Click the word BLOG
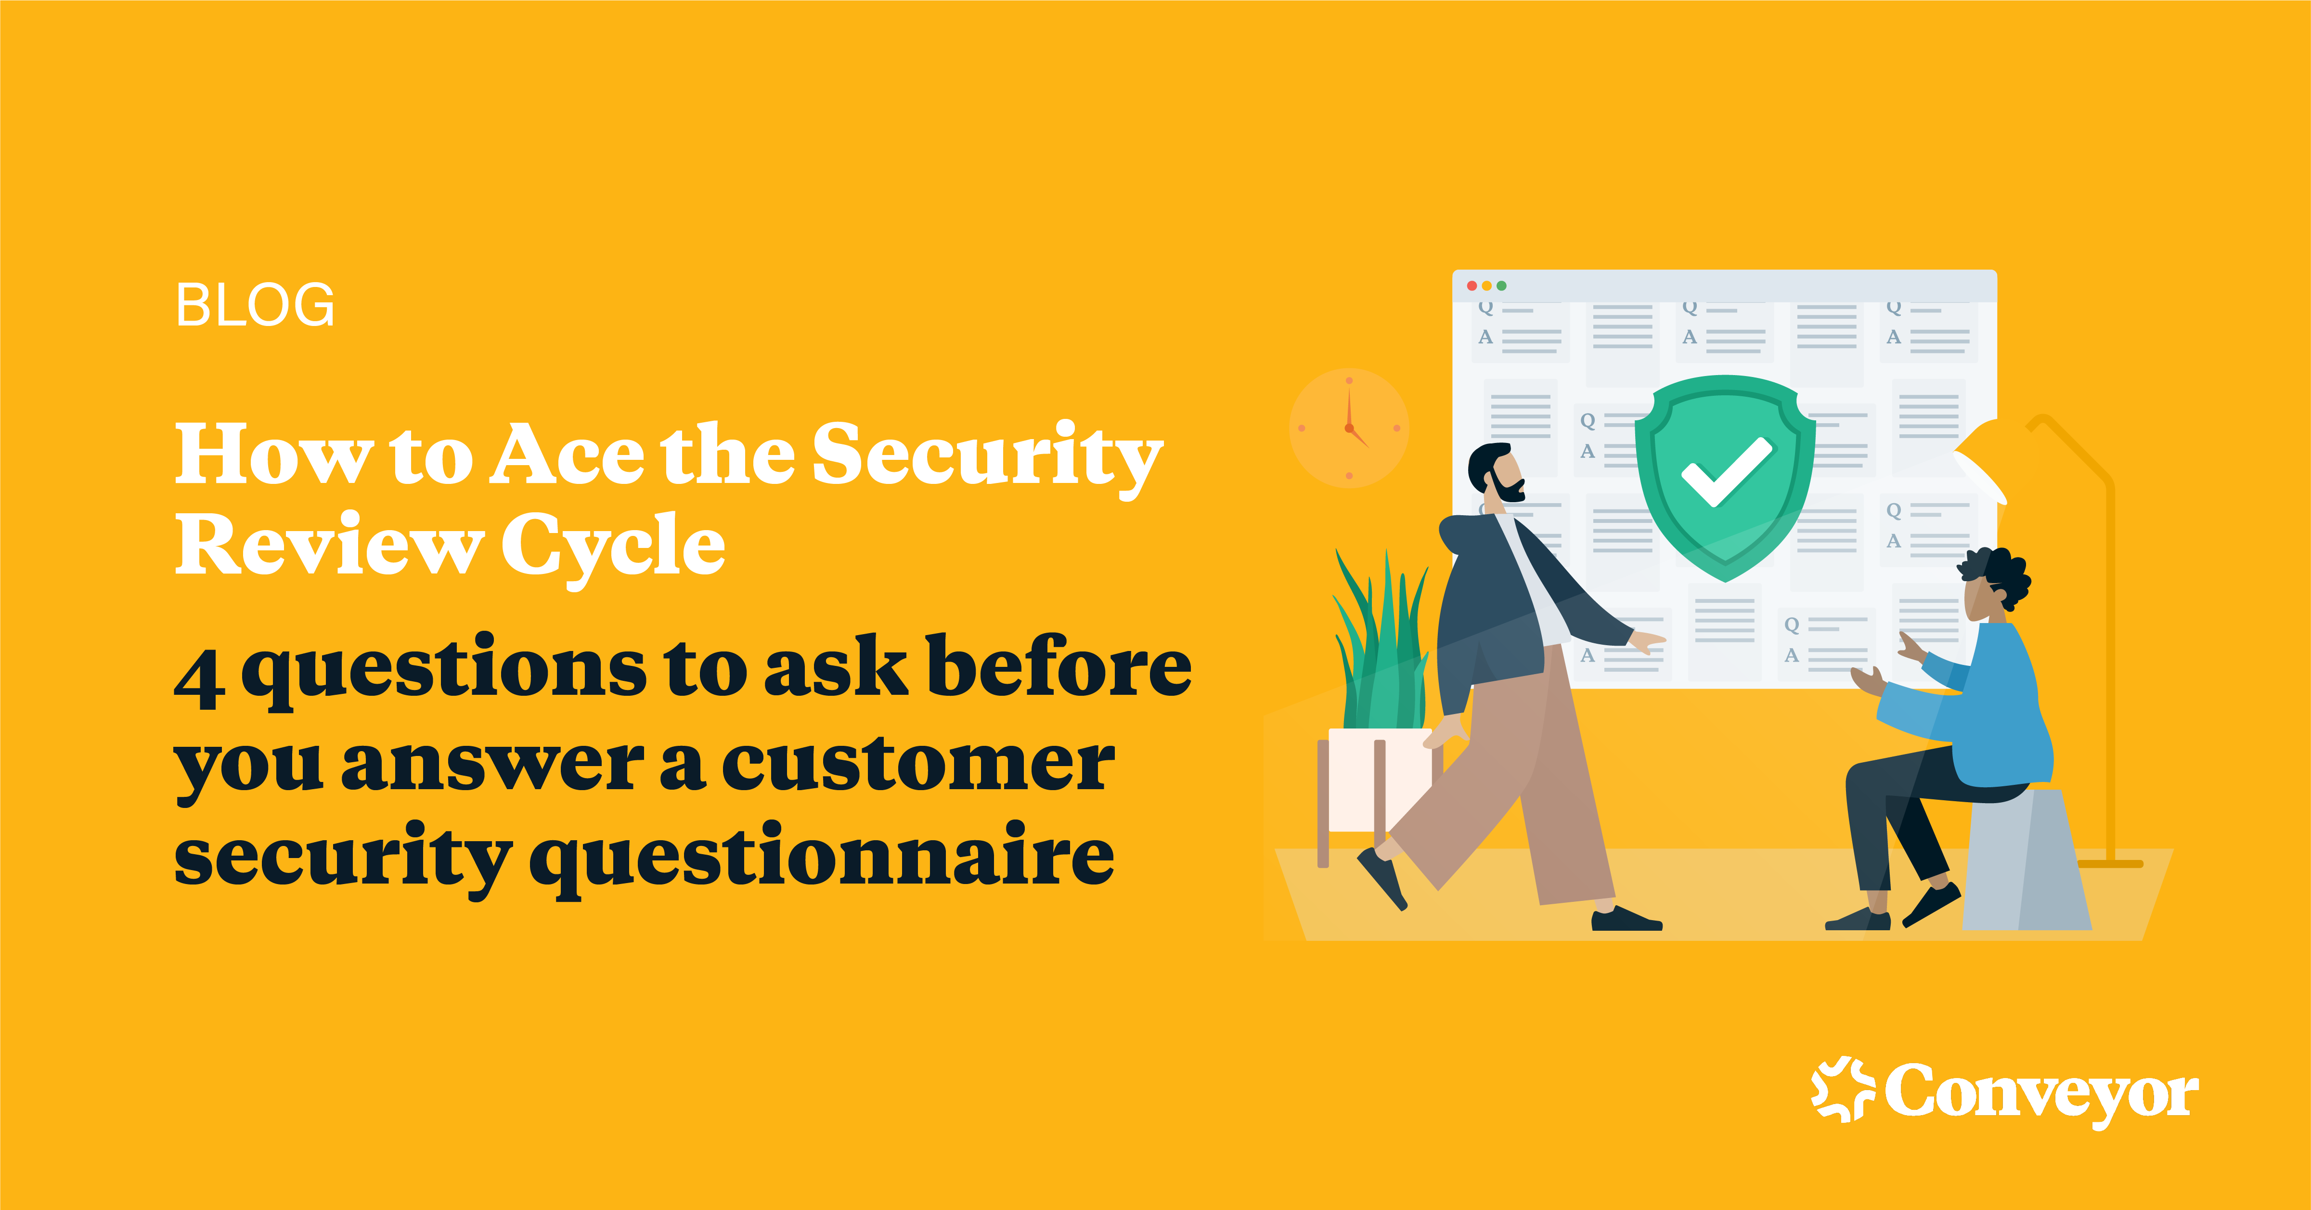click(255, 305)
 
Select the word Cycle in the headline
click(613, 545)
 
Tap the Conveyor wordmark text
click(2041, 1093)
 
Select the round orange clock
click(1348, 428)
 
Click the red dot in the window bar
click(1472, 286)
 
